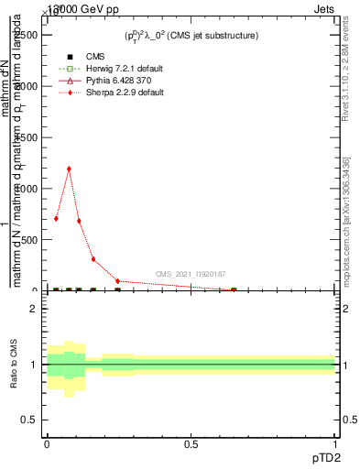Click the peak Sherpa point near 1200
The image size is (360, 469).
69,169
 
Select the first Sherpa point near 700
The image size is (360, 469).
57,218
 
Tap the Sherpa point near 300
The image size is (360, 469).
93,259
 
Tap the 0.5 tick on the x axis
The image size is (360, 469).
191,443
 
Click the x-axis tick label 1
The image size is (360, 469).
335,443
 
